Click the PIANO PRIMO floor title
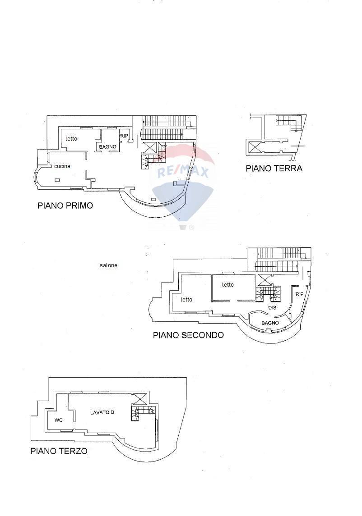click(x=65, y=205)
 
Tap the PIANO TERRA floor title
click(x=274, y=169)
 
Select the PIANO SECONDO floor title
click(x=188, y=335)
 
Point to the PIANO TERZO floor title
click(x=59, y=451)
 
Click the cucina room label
click(x=62, y=166)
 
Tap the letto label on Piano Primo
click(x=71, y=138)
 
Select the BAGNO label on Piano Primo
click(x=108, y=147)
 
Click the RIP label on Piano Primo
click(x=124, y=135)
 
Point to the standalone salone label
click(x=108, y=265)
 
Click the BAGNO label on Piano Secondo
click(x=270, y=323)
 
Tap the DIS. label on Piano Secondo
click(x=272, y=307)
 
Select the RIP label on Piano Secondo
click(x=299, y=294)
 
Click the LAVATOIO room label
click(x=102, y=412)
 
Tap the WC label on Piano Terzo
click(x=58, y=420)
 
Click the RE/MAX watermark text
click(x=182, y=172)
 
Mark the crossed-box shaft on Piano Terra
click(x=255, y=146)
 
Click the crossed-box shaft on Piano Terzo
click(x=140, y=398)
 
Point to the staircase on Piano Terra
click(x=288, y=121)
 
